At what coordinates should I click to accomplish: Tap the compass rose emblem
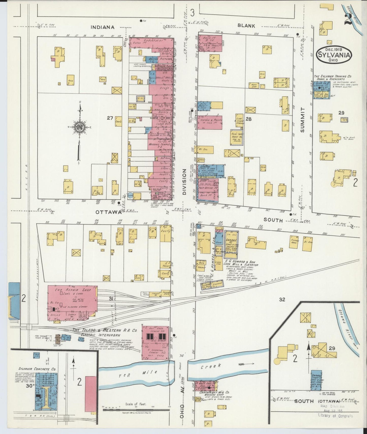(80, 126)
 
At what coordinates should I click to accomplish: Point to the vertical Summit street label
(302, 119)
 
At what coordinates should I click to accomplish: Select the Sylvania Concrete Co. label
(37, 369)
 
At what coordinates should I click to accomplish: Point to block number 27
(110, 118)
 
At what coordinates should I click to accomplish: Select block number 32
(282, 299)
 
